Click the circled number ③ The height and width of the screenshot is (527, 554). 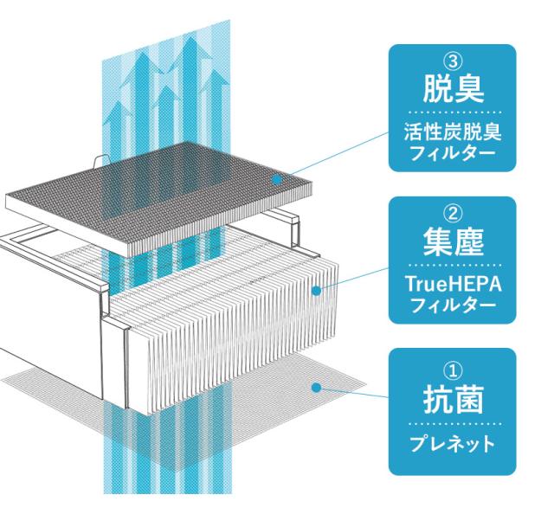tap(453, 62)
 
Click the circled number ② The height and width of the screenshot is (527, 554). tap(453, 215)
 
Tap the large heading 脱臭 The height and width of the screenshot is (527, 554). tap(453, 89)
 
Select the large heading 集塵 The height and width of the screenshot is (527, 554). tap(453, 241)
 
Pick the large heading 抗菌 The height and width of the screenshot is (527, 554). tap(453, 400)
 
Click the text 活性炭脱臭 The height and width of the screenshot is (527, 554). tap(453, 132)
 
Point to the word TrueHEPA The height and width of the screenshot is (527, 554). tap(454, 284)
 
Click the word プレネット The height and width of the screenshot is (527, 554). tap(452, 444)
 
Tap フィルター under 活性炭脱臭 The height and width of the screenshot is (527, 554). tap(453, 153)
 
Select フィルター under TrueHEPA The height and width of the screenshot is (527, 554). tap(453, 305)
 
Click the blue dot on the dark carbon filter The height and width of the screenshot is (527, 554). tap(277, 180)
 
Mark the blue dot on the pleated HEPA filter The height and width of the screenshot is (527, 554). tap(317, 291)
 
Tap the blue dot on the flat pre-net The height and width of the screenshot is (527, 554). tap(317, 388)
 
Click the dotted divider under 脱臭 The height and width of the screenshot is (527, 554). tap(455, 112)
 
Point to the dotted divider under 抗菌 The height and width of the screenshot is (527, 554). tap(455, 424)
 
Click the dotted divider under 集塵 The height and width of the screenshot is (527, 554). tap(455, 265)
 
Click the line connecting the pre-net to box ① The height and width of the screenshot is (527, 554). tap(352, 392)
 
